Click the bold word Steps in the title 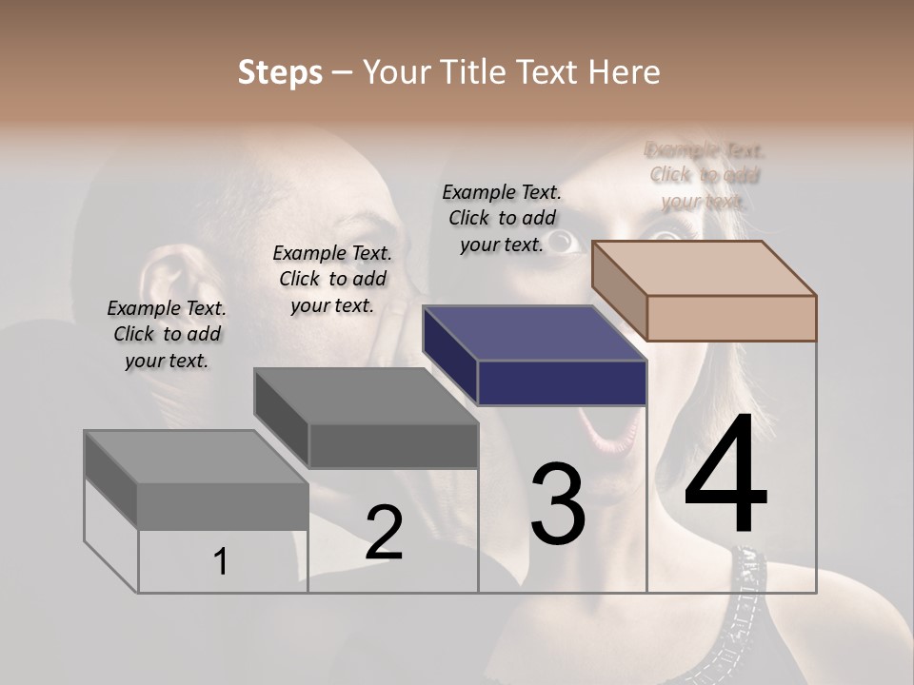(x=280, y=72)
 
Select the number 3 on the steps (x=558, y=504)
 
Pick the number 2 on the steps (x=384, y=533)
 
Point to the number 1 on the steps (x=221, y=562)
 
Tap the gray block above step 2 (x=367, y=419)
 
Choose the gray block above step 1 (x=197, y=480)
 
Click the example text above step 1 (x=167, y=334)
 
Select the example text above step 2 (x=332, y=279)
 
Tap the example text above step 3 (x=502, y=218)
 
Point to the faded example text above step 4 (x=705, y=175)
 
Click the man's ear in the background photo (x=171, y=285)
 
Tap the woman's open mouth (x=609, y=428)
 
